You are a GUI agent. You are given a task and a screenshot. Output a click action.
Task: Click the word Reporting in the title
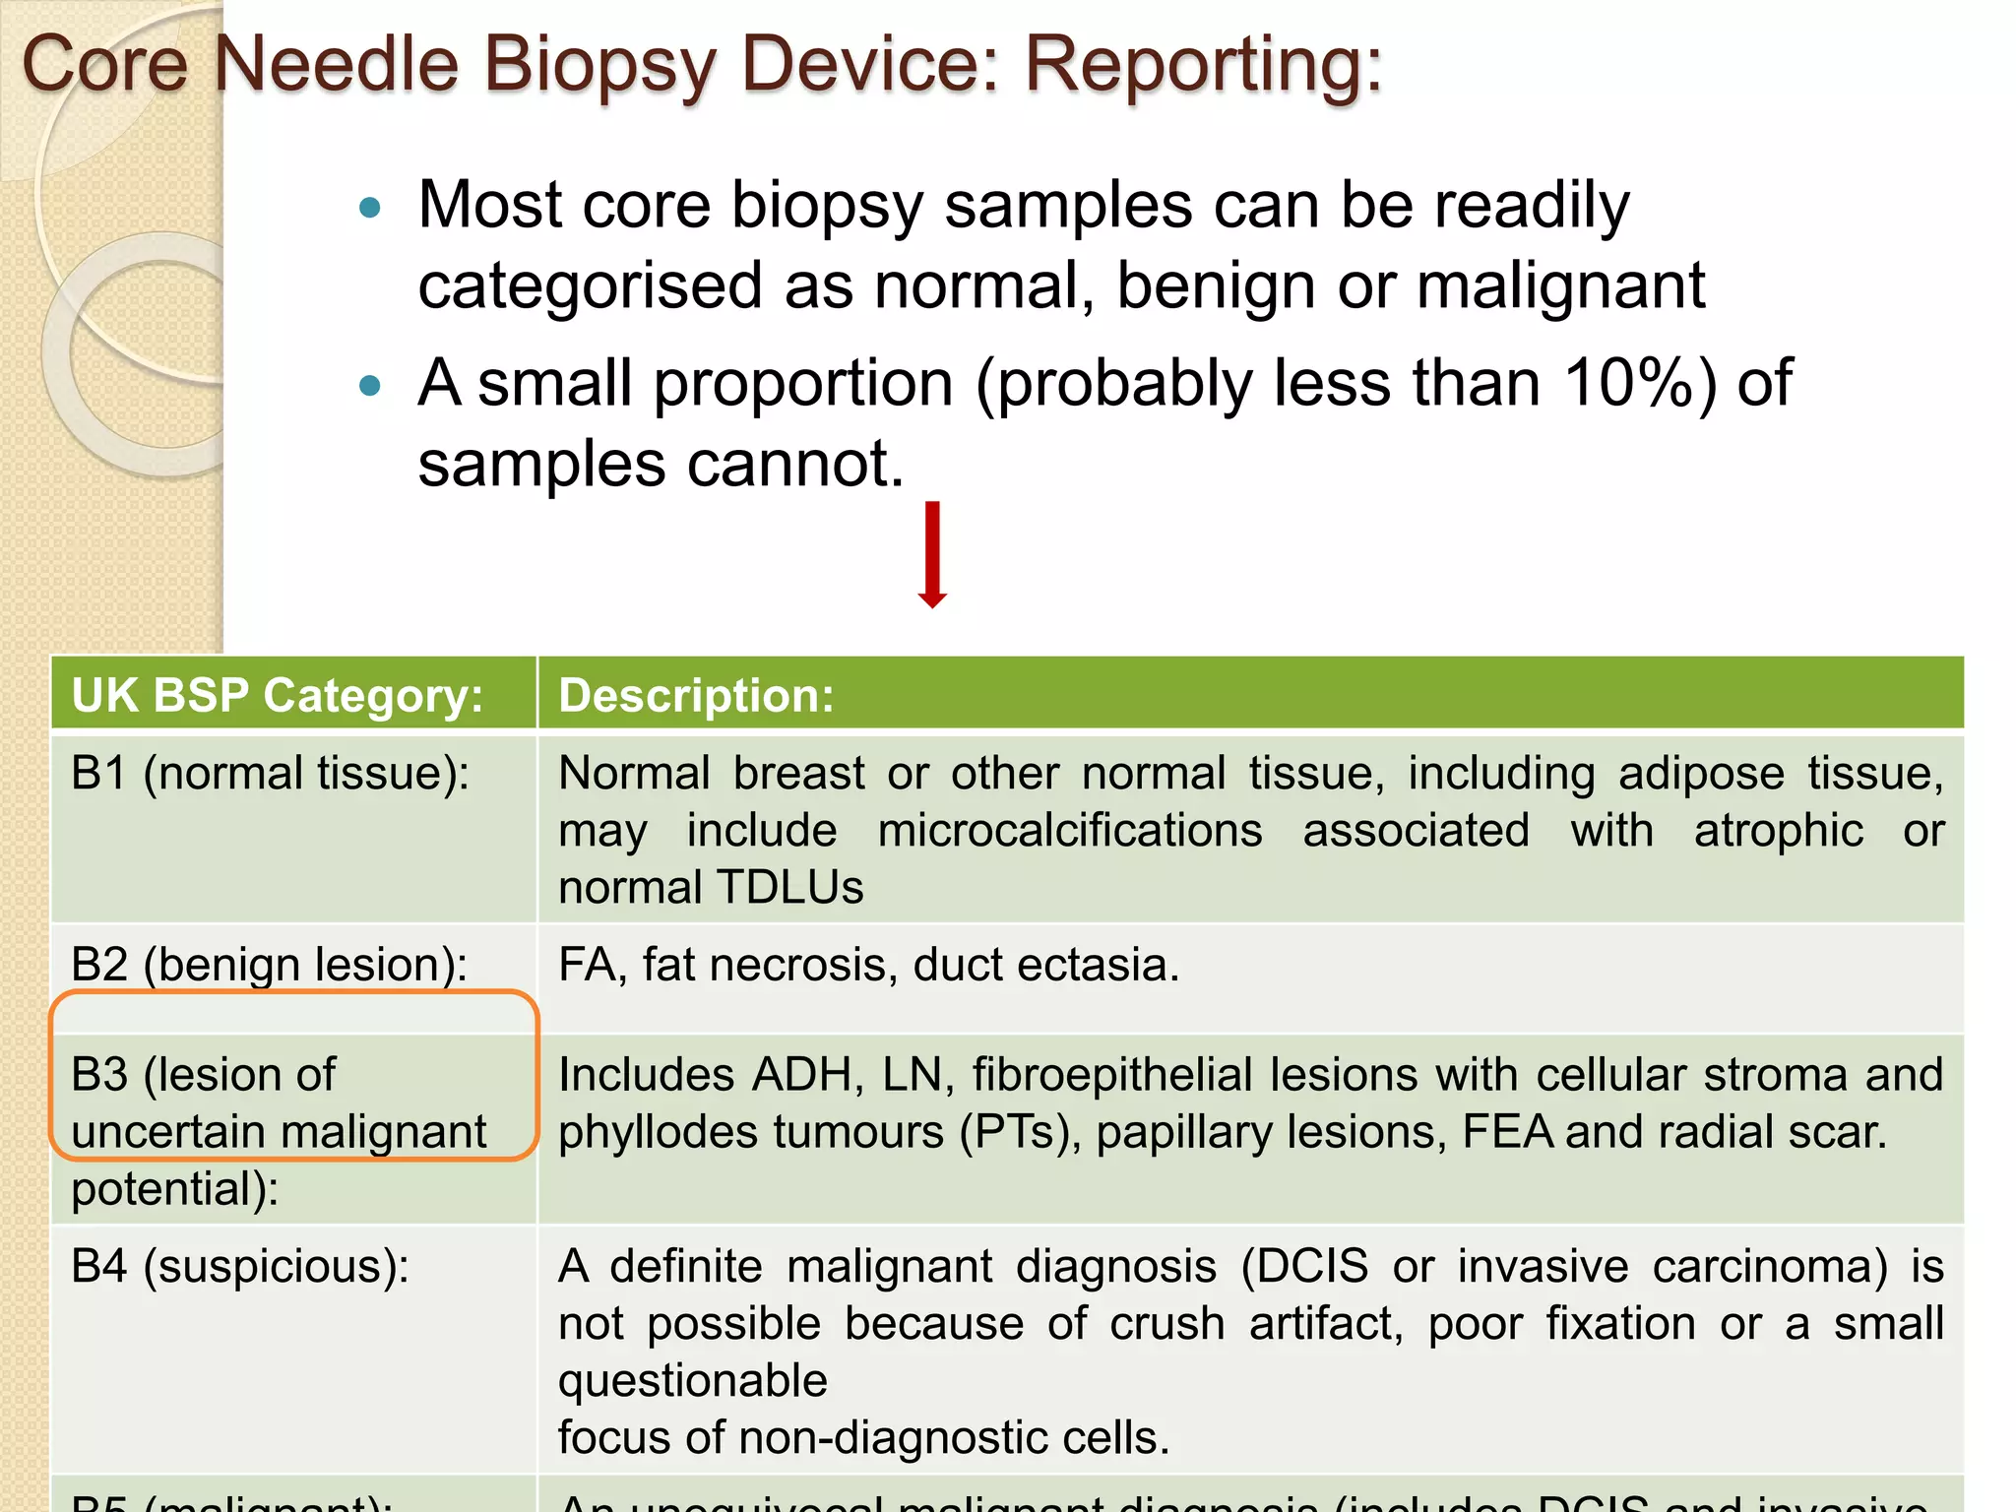pyautogui.click(x=1203, y=65)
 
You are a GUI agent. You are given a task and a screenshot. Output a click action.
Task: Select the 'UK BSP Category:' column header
pyautogui.click(x=278, y=695)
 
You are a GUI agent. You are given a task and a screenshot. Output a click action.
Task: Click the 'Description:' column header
pyautogui.click(x=696, y=695)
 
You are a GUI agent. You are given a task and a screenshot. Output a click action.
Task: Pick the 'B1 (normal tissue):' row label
pyautogui.click(x=271, y=774)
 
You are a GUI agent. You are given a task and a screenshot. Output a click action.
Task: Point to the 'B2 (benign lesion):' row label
pyautogui.click(x=269, y=965)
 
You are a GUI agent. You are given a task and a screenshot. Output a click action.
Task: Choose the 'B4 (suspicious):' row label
pyautogui.click(x=239, y=1267)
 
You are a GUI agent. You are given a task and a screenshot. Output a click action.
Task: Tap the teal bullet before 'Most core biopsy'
pyautogui.click(x=370, y=208)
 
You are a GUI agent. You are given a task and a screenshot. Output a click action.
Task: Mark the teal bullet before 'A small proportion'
pyautogui.click(x=370, y=386)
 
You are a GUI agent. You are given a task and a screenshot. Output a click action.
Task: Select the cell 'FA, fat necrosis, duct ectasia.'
pyautogui.click(x=868, y=965)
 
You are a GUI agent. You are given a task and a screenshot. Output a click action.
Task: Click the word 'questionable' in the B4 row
pyautogui.click(x=692, y=1381)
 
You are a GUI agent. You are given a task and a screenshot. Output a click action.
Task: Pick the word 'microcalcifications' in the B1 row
pyautogui.click(x=1069, y=831)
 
